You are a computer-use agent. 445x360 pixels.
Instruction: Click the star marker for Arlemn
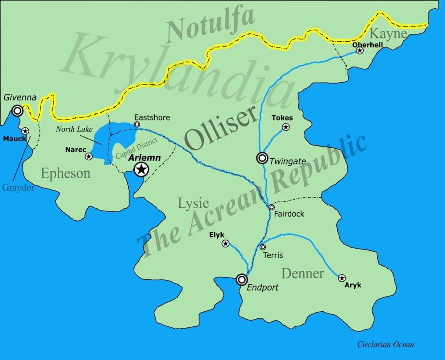pyautogui.click(x=141, y=170)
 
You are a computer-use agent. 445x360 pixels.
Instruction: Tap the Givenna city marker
pyautogui.click(x=17, y=111)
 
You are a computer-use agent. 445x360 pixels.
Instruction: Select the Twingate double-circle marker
pyautogui.click(x=262, y=158)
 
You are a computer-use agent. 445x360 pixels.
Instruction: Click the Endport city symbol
pyautogui.click(x=242, y=280)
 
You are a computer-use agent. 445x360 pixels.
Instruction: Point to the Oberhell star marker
pyautogui.click(x=360, y=51)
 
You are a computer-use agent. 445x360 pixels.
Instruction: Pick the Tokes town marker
pyautogui.click(x=286, y=127)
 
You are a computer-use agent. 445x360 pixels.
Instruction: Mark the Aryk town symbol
pyautogui.click(x=342, y=278)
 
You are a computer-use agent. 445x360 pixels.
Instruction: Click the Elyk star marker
pyautogui.click(x=226, y=243)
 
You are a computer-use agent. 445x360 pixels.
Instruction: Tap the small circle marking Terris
pyautogui.click(x=263, y=247)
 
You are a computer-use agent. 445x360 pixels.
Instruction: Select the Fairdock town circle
pyautogui.click(x=272, y=207)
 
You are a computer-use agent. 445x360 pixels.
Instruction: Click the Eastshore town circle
pyautogui.click(x=137, y=125)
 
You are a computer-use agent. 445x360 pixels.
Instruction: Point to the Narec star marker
pyautogui.click(x=89, y=156)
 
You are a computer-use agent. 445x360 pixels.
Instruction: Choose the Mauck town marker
pyautogui.click(x=25, y=131)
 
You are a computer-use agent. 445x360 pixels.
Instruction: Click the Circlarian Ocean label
pyautogui.click(x=385, y=344)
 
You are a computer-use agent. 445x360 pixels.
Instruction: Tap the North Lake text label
pyautogui.click(x=72, y=129)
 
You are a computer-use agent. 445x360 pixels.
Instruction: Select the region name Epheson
pyautogui.click(x=66, y=173)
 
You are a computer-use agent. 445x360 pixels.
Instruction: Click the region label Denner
pyautogui.click(x=302, y=273)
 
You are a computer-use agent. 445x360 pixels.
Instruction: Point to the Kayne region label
pyautogui.click(x=388, y=33)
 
